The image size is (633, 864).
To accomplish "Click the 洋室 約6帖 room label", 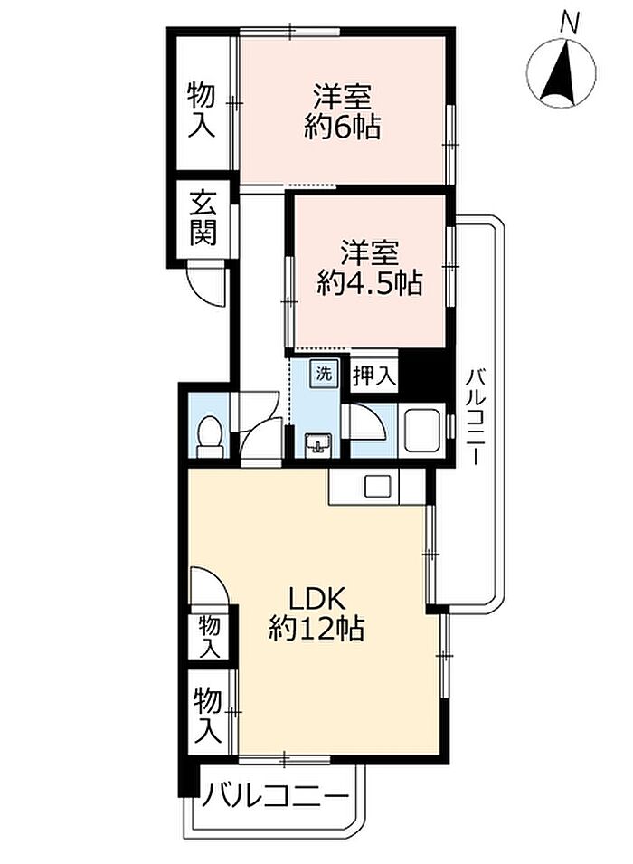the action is tap(342, 112).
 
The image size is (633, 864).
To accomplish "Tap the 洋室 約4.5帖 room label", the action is tap(369, 269).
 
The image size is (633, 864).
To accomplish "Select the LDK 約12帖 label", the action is tap(316, 612).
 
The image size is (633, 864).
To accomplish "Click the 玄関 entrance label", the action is tap(203, 218).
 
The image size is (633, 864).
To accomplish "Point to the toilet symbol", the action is tap(210, 436).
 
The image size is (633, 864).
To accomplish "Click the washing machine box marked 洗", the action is tap(324, 375).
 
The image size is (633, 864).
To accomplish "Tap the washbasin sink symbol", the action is tap(318, 444).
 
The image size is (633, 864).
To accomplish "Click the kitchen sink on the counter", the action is tap(377, 487).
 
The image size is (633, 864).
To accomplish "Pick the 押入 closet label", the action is tap(374, 376).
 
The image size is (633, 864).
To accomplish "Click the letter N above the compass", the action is tap(569, 24).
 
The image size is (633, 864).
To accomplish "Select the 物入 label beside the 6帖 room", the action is tap(201, 109).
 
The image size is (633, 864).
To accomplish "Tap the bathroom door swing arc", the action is tap(368, 423).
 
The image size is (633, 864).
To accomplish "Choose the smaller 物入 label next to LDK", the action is tap(210, 636).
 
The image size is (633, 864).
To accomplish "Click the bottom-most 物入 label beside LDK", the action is tap(208, 714).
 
